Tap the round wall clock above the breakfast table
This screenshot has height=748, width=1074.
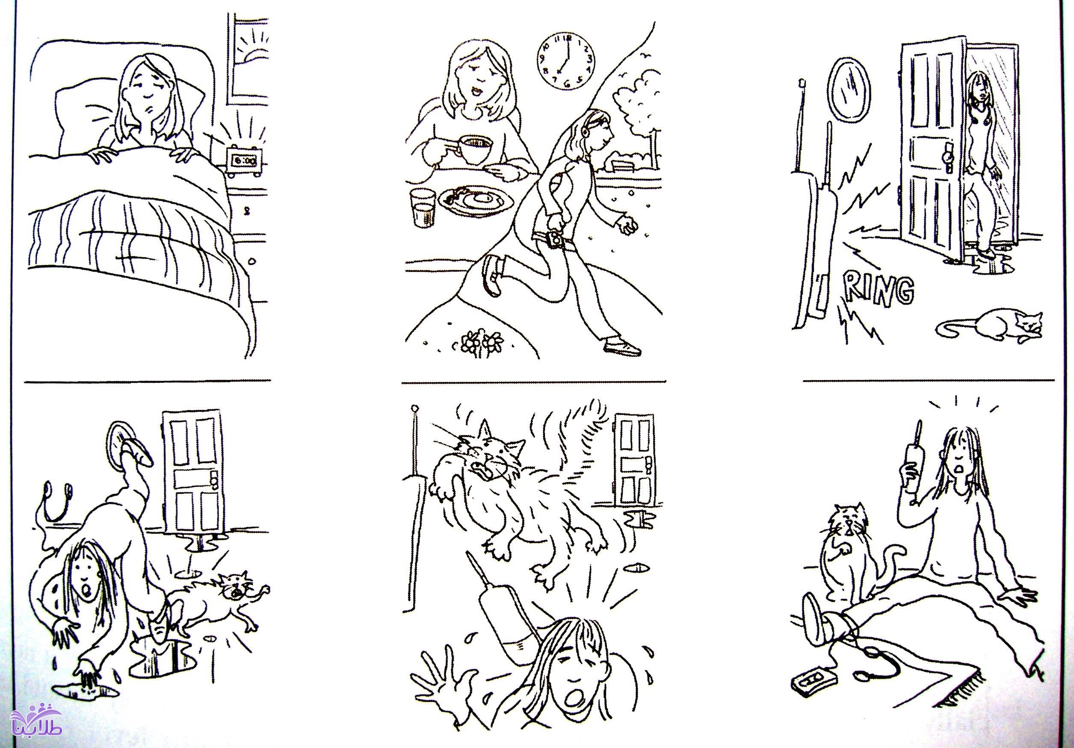[x=565, y=60]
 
